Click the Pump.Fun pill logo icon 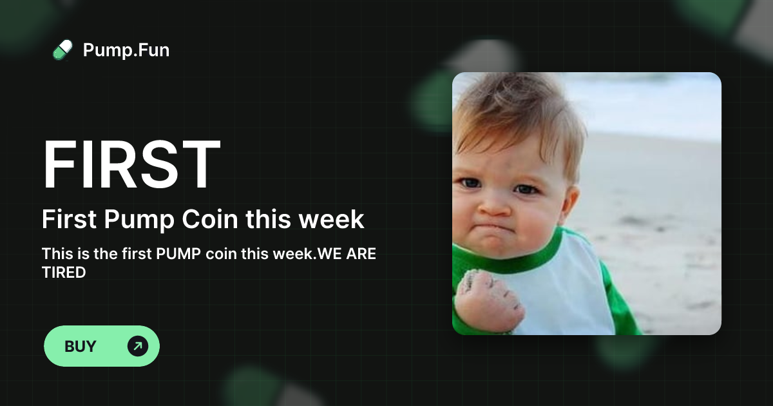tap(62, 50)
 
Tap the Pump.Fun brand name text tap(126, 50)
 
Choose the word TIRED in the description tap(64, 272)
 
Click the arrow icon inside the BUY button tap(137, 346)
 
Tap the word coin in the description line tap(221, 253)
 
